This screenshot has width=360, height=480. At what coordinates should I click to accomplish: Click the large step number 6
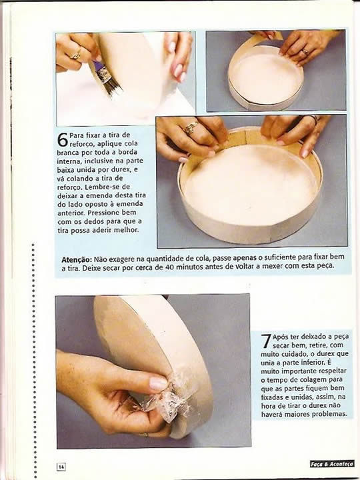click(x=63, y=139)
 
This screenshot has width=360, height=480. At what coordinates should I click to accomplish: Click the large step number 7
click(x=266, y=341)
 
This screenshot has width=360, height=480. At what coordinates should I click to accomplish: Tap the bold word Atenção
click(x=77, y=259)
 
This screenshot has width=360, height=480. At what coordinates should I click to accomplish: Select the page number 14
click(x=61, y=467)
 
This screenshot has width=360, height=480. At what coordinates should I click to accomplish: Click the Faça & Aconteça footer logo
click(x=332, y=464)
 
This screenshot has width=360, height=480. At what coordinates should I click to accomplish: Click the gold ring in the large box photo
click(x=191, y=127)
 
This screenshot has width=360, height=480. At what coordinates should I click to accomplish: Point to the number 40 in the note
click(x=169, y=267)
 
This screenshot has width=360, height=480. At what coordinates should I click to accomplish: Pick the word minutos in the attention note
click(x=189, y=267)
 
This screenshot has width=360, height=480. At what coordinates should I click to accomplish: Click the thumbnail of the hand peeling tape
click(x=153, y=371)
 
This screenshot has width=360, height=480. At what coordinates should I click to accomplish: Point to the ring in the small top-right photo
click(x=305, y=52)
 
